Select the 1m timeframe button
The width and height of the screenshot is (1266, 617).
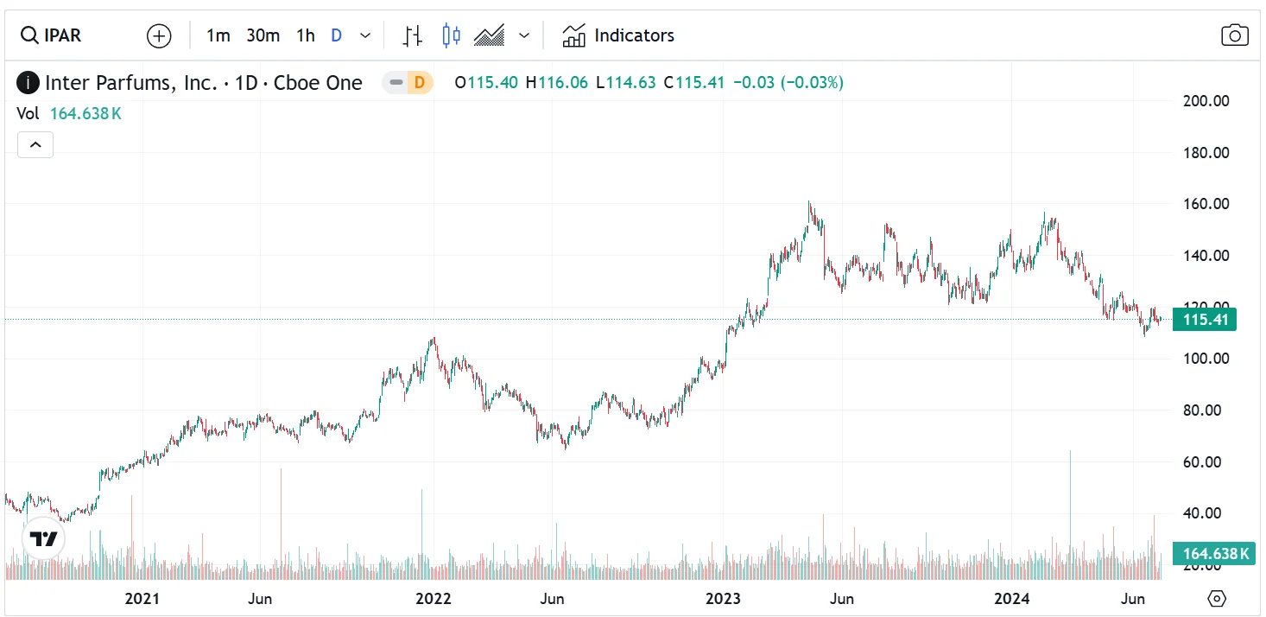click(x=218, y=35)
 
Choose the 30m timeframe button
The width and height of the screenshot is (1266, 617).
click(x=263, y=35)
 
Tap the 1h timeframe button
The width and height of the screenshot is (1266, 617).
click(x=305, y=35)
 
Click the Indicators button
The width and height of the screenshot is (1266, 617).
click(x=618, y=35)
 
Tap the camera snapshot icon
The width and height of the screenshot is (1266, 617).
click(x=1235, y=35)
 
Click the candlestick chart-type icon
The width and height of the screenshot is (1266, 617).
click(x=451, y=35)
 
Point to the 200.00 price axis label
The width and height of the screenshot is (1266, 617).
click(x=1206, y=101)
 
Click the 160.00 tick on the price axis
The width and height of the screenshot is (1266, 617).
click(x=1206, y=204)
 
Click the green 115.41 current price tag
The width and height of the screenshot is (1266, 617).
click(x=1205, y=320)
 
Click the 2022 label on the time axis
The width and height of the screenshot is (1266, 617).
click(x=433, y=598)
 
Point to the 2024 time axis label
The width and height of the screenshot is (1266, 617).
click(x=1011, y=598)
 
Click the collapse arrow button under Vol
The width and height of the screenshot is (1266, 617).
click(x=35, y=145)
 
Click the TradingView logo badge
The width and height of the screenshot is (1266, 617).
click(x=43, y=539)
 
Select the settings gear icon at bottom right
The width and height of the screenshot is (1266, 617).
click(x=1217, y=599)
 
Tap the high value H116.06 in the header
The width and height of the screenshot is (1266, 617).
click(x=556, y=83)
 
